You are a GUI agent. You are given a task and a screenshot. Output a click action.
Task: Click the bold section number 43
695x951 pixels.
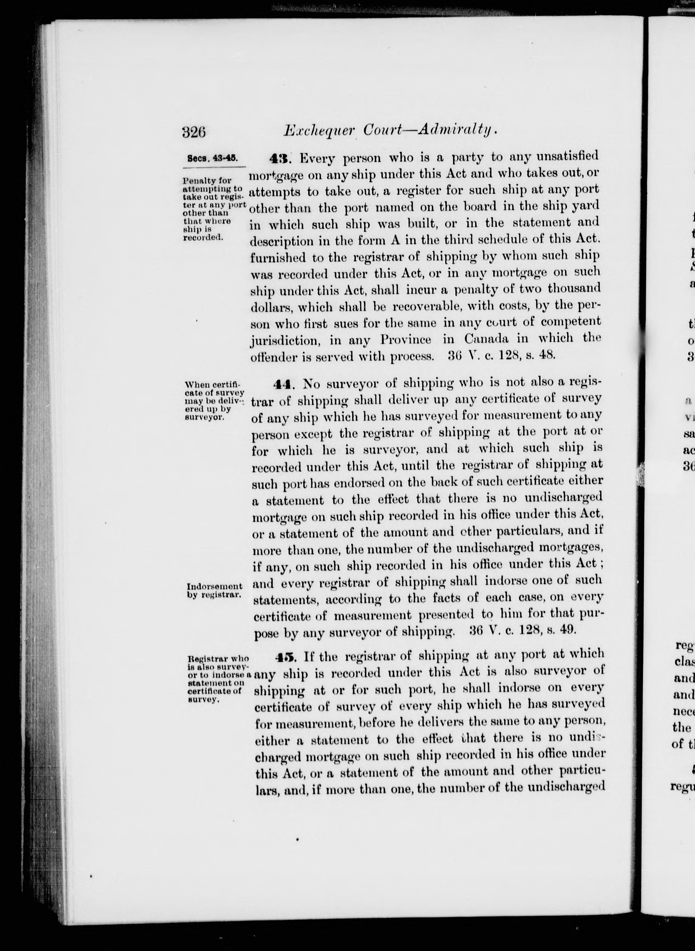(278, 158)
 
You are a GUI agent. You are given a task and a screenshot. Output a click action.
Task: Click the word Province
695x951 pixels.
(406, 339)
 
